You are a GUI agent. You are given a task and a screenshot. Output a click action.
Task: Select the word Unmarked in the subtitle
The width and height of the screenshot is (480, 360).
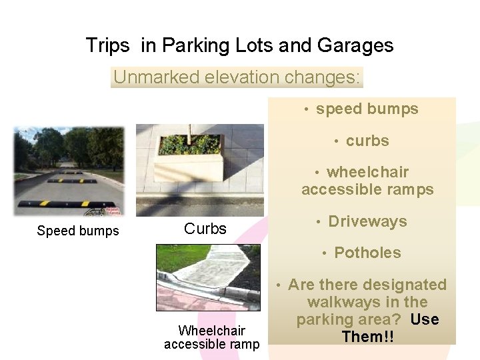147,77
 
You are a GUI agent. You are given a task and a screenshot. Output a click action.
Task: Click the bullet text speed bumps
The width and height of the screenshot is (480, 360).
367,109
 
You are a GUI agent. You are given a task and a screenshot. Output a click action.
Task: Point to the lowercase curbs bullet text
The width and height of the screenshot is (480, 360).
367,141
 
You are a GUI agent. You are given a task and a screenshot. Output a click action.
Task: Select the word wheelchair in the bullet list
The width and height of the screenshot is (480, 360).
367,172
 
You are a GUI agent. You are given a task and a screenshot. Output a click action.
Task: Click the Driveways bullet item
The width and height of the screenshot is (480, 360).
367,221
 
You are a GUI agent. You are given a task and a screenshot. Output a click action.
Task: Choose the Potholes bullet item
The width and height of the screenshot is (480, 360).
367,253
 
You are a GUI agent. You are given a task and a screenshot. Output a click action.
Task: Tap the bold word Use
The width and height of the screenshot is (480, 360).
425,319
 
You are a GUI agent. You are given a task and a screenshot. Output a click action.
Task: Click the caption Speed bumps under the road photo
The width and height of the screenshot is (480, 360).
78,231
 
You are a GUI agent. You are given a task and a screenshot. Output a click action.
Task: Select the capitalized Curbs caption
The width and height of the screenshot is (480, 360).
205,229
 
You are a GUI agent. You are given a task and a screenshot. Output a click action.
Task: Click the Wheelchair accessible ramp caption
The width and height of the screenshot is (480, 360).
211,337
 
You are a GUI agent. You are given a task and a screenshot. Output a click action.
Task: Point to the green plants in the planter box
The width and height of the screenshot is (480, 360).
190,144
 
